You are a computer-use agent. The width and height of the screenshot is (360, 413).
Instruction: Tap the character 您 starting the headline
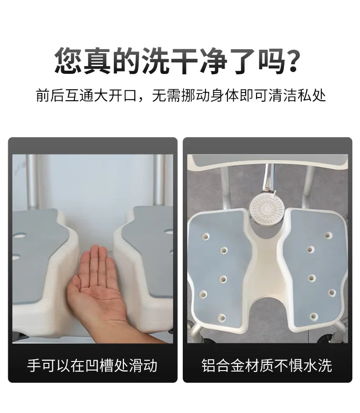click(x=69, y=61)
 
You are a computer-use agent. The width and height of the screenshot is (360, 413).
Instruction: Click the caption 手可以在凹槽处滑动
click(x=93, y=365)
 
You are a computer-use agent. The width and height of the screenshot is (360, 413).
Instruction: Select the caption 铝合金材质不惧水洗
click(x=267, y=365)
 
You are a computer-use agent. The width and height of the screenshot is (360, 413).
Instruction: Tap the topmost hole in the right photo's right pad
click(x=328, y=236)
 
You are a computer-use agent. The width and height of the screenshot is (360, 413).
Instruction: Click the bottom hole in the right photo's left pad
click(x=222, y=317)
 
